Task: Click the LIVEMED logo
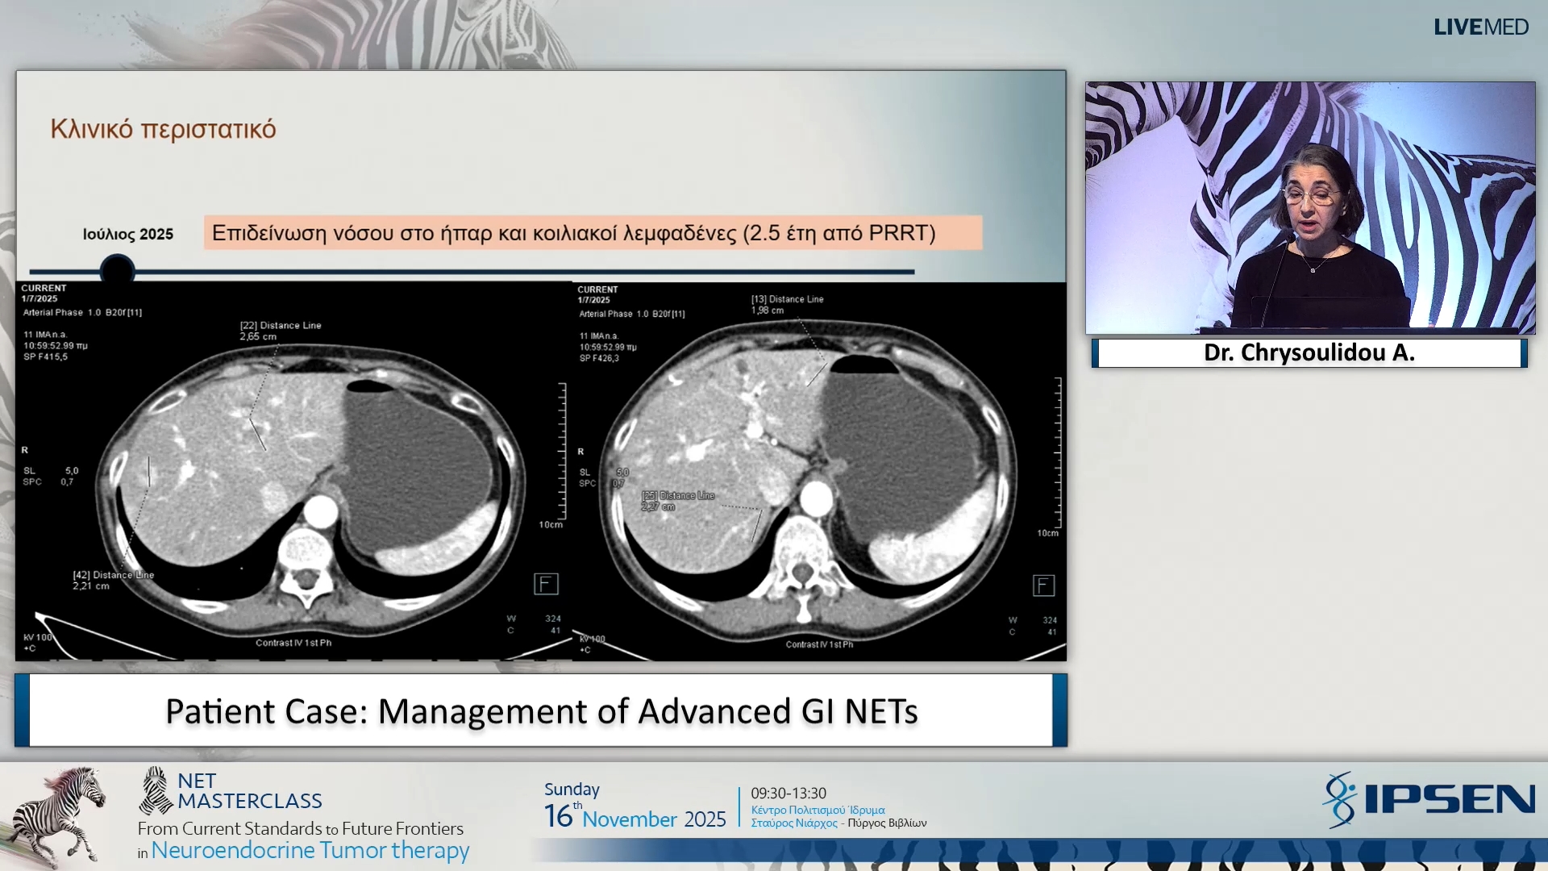point(1480,27)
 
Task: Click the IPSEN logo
point(1429,799)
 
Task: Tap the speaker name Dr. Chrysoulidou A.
point(1309,353)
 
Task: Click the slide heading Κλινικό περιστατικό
point(163,129)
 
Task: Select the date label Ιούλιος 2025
point(127,235)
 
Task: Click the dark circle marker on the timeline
point(117,269)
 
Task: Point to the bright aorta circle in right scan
point(816,498)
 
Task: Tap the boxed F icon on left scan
point(546,584)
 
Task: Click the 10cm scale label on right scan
point(1047,533)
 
